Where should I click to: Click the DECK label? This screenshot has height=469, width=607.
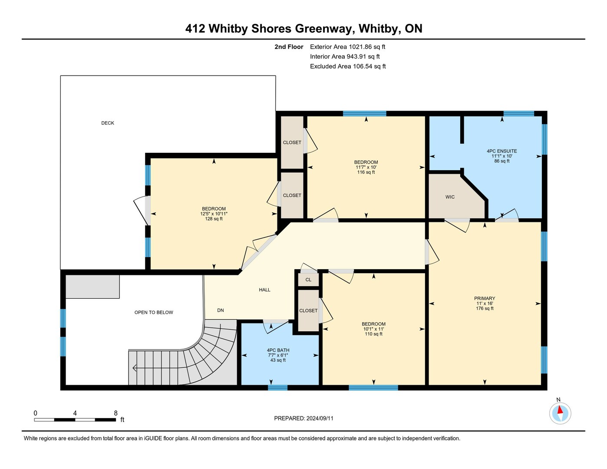108,123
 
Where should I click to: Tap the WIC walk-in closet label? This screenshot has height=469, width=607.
450,197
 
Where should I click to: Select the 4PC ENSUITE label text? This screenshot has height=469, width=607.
501,151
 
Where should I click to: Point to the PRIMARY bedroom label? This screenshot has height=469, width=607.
485,298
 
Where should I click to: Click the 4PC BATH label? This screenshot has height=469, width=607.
278,350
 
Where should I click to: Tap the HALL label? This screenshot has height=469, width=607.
264,290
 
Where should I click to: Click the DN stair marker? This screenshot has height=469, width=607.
221,310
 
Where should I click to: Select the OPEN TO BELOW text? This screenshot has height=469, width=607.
154,313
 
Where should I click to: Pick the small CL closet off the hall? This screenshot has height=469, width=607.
308,280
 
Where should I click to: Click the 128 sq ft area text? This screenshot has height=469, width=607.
214,219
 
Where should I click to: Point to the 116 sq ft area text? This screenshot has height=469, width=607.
366,172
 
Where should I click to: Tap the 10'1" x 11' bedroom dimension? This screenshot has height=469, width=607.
373,329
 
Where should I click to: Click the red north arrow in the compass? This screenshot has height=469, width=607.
560,410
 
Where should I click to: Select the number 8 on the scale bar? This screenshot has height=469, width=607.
115,413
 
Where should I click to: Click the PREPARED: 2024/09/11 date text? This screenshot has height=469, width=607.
303,419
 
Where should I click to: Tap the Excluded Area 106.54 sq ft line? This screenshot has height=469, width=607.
348,66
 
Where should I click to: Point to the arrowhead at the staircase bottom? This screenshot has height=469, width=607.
134,368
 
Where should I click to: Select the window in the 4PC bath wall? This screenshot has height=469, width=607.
277,387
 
